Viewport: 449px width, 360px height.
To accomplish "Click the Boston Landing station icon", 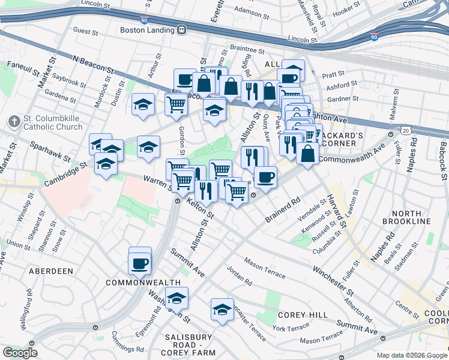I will point(181,29).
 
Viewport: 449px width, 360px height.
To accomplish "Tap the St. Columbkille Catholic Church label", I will point(53,122).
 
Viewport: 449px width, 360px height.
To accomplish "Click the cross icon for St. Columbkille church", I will point(14,122).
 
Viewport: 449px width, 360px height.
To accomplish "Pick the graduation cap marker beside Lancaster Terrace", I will point(222,310).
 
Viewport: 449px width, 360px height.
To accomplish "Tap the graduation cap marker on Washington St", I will point(176,298).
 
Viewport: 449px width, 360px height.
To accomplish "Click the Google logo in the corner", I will point(20,353).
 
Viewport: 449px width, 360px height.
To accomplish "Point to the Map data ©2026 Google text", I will point(412,355).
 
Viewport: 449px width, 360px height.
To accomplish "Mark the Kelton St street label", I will point(200,208).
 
